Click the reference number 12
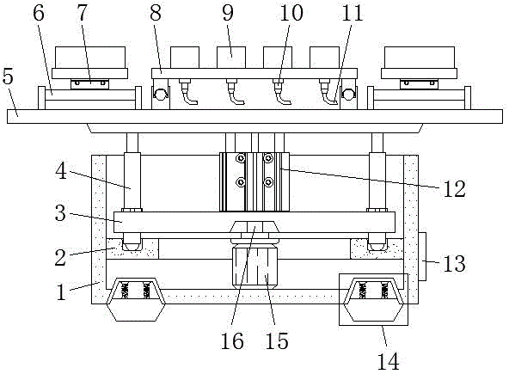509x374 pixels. tap(455, 188)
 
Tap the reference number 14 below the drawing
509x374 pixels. tap(389, 361)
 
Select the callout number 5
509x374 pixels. tap(8, 77)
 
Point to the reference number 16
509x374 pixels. tap(232, 340)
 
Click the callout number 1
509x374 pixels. tap(61, 291)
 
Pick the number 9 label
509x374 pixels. tap(228, 13)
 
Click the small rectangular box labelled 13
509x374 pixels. tap(422, 256)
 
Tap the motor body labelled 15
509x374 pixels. tap(254, 267)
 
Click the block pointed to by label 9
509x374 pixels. tap(231, 58)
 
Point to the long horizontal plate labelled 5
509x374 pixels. tap(254, 116)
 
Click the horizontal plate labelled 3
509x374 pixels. tap(254, 222)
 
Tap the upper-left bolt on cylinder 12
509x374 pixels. tap(241, 158)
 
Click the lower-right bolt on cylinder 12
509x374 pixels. tap(268, 182)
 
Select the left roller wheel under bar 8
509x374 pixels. tap(161, 95)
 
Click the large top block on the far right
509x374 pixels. tap(420, 58)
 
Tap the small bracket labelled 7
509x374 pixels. tap(90, 83)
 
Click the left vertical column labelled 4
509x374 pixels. tap(132, 181)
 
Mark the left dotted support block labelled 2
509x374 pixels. tap(132, 249)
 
